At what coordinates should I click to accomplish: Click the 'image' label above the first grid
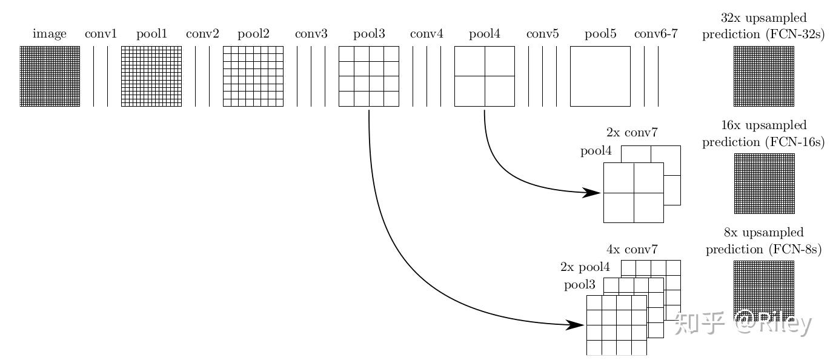tap(50, 34)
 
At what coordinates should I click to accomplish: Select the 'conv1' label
tap(101, 34)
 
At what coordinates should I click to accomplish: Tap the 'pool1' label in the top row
tap(151, 34)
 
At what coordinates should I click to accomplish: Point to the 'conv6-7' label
tap(655, 34)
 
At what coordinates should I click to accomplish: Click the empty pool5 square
tap(600, 76)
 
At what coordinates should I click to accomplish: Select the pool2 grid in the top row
tap(253, 76)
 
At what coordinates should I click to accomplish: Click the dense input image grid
tap(50, 76)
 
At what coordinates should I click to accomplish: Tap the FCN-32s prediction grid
tap(763, 76)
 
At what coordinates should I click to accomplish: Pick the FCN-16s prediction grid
tap(763, 183)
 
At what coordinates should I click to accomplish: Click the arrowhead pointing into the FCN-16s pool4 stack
tap(592, 193)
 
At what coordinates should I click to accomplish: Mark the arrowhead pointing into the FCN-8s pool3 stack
tap(575, 325)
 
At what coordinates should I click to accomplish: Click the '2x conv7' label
tap(632, 133)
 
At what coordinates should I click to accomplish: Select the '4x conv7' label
tap(632, 249)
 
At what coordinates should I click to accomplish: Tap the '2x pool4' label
tap(585, 267)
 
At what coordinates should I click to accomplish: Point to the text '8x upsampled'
tap(763, 233)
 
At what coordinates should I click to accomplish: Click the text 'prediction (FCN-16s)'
tap(763, 142)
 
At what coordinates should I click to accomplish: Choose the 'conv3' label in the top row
tap(311, 34)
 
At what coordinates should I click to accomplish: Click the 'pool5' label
tap(600, 34)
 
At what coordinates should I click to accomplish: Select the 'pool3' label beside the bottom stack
tap(580, 285)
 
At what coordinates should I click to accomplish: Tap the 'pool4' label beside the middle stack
tap(596, 152)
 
